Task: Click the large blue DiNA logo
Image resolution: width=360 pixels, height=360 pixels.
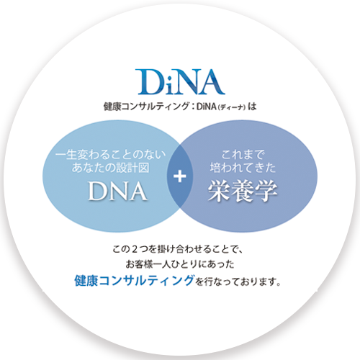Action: pos(180,82)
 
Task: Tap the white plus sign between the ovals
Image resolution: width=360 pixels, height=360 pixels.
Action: pos(180,176)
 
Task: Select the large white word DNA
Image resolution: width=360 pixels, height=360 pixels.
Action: pos(117,192)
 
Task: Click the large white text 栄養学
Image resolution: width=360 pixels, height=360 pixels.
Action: pos(243,192)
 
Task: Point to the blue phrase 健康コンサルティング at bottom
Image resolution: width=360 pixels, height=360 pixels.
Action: pos(134,280)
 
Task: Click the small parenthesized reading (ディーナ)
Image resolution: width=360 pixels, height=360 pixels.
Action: pos(232,107)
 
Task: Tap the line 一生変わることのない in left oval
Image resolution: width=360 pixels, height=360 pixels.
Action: pos(110,154)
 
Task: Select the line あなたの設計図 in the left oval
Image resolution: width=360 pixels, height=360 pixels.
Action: pos(110,168)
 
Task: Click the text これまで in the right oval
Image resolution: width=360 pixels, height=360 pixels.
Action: pos(243,154)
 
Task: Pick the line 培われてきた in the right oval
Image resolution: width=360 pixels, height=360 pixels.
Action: pos(243,168)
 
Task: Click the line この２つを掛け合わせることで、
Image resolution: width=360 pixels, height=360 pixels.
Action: pos(178,249)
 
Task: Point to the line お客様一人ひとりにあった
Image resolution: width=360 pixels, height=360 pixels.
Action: pos(180,264)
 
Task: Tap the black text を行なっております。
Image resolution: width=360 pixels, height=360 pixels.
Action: pos(238,281)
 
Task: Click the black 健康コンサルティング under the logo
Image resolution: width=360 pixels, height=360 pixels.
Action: pos(146,107)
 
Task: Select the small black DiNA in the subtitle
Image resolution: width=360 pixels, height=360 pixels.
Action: pos(207,107)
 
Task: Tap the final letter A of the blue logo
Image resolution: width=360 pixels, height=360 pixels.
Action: pos(212,82)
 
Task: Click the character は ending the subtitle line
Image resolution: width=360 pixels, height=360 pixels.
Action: pos(252,107)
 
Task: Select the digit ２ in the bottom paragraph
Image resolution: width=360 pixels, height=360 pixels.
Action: pos(135,249)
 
